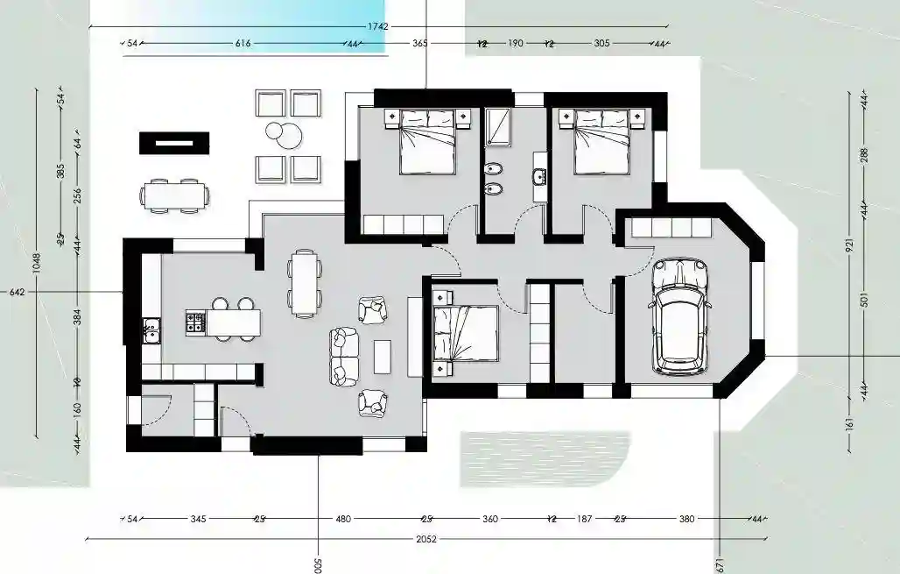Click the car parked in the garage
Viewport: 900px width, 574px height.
pyautogui.click(x=679, y=315)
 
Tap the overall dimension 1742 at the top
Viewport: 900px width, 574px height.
pyautogui.click(x=377, y=26)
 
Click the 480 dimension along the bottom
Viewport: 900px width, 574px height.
pyautogui.click(x=343, y=519)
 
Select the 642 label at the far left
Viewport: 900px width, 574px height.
pyautogui.click(x=17, y=292)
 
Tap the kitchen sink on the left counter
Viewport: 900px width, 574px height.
pyautogui.click(x=151, y=330)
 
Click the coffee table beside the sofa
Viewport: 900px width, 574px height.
pyautogui.click(x=382, y=356)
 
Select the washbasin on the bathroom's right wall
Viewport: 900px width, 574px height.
pyautogui.click(x=538, y=179)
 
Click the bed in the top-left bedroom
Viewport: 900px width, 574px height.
pyautogui.click(x=427, y=141)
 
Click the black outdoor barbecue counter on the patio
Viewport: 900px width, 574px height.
pyautogui.click(x=174, y=143)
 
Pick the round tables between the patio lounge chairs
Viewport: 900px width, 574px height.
pyautogui.click(x=285, y=135)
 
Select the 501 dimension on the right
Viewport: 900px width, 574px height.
pyautogui.click(x=864, y=301)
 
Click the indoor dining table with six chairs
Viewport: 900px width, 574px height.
pyautogui.click(x=304, y=283)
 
